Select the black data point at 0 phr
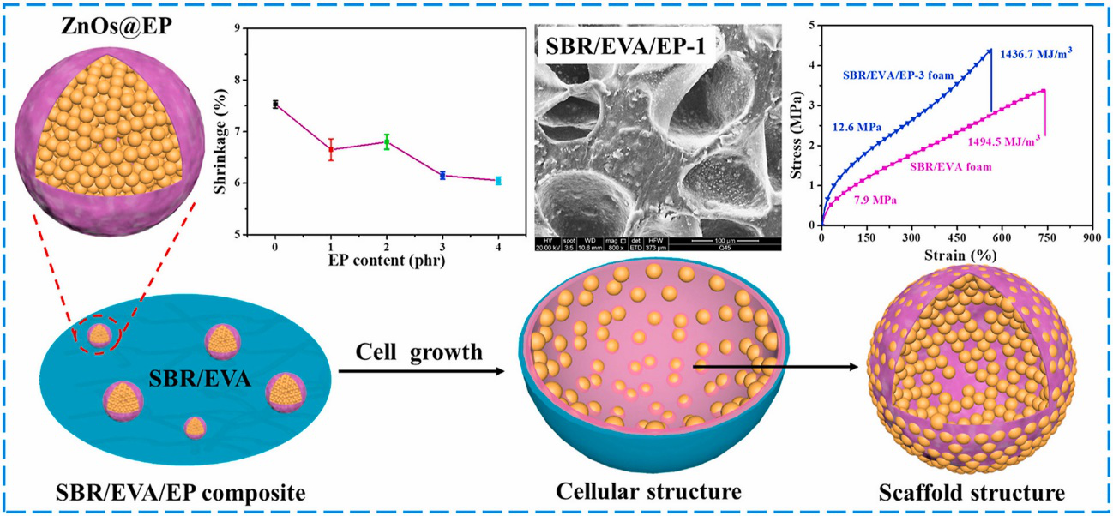pyautogui.click(x=275, y=104)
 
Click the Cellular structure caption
pyautogui.click(x=648, y=493)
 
